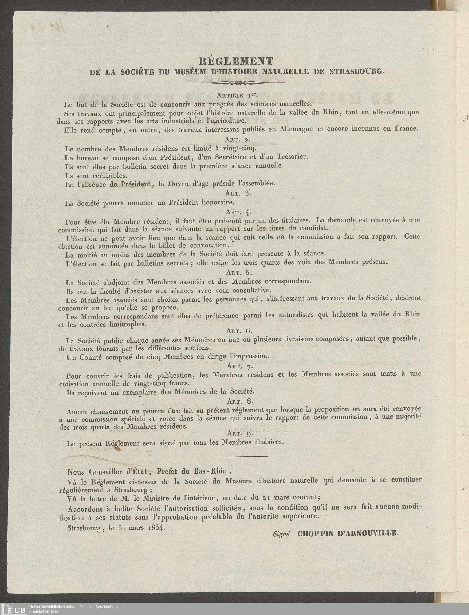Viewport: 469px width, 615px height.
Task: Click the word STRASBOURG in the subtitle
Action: (357, 71)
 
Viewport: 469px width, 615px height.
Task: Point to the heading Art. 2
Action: (238, 139)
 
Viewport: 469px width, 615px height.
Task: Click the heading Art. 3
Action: (238, 193)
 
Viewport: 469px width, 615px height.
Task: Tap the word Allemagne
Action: (297, 129)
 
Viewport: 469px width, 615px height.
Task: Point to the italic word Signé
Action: (282, 534)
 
